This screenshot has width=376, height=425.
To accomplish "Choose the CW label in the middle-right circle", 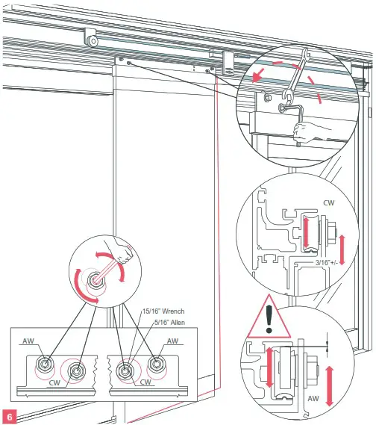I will (329, 201).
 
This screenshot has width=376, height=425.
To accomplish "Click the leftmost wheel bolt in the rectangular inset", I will (46, 364).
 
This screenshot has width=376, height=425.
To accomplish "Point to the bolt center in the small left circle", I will (97, 279).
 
